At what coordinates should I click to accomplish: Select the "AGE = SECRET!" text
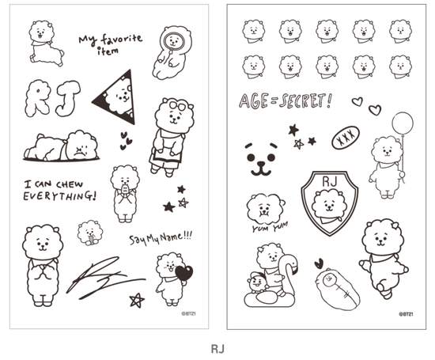(285, 100)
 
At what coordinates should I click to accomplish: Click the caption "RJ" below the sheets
(217, 347)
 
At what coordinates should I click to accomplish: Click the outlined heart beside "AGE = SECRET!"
(357, 101)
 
